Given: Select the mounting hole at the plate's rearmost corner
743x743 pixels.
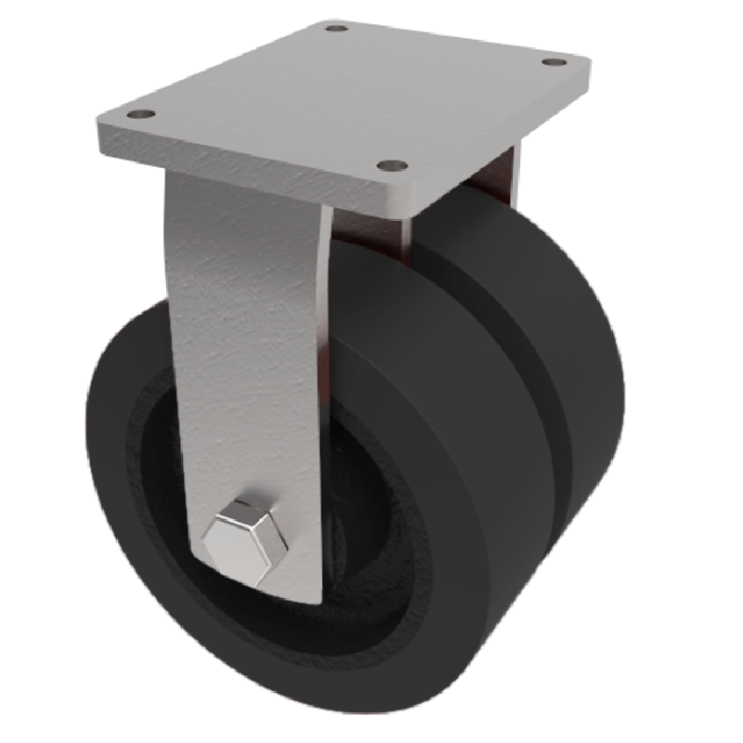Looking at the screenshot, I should click(x=337, y=29).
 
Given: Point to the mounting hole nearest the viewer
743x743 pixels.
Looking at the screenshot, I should click(x=392, y=167).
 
